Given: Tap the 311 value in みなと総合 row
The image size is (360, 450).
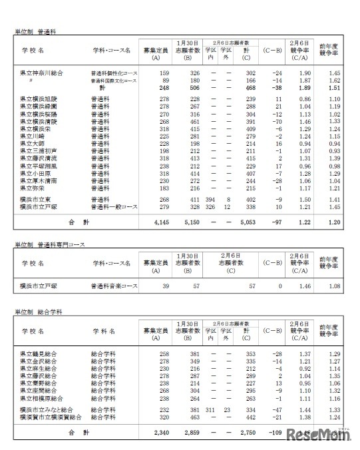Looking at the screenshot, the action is click(x=210, y=409).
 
